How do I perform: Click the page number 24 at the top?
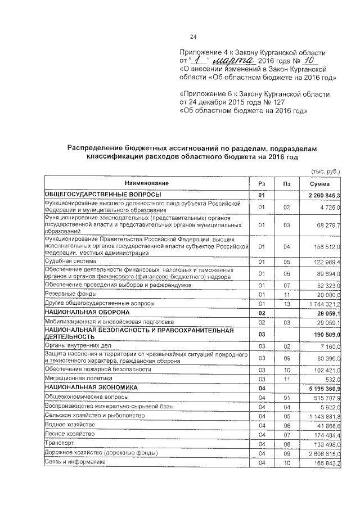click(193, 37)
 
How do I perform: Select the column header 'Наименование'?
click(147, 183)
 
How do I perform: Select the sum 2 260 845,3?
click(324, 195)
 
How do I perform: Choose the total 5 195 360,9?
click(324, 388)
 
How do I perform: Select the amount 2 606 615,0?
click(325, 453)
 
